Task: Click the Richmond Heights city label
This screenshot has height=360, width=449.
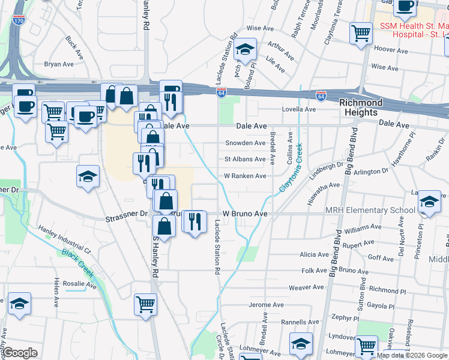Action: (x=359, y=107)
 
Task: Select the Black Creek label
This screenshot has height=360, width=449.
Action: (x=78, y=263)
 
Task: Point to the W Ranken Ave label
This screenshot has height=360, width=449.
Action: (x=245, y=176)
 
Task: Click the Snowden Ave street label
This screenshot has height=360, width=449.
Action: (x=245, y=143)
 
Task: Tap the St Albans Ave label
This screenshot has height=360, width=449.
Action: (x=245, y=159)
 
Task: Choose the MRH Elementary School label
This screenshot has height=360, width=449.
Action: (x=370, y=210)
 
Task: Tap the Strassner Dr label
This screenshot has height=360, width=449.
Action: (x=127, y=213)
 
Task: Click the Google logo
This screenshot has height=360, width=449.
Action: (x=20, y=353)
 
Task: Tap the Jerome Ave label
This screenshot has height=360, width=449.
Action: (x=266, y=305)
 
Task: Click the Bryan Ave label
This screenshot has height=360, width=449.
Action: (x=59, y=64)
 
